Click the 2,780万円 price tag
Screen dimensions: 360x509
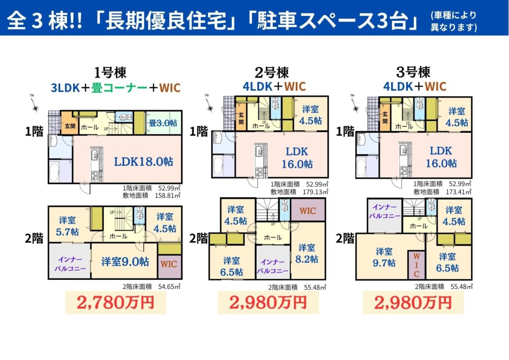pyautogui.click(x=114, y=301)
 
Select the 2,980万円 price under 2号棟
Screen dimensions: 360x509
pyautogui.click(x=267, y=301)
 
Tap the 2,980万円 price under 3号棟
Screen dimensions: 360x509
pyautogui.click(x=413, y=301)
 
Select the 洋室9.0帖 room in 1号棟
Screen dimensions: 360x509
pyautogui.click(x=125, y=261)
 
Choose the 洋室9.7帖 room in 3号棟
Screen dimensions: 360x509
pyautogui.click(x=385, y=257)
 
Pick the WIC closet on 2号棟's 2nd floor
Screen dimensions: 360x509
pyautogui.click(x=307, y=211)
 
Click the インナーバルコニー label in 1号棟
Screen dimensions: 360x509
pyautogui.click(x=70, y=264)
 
